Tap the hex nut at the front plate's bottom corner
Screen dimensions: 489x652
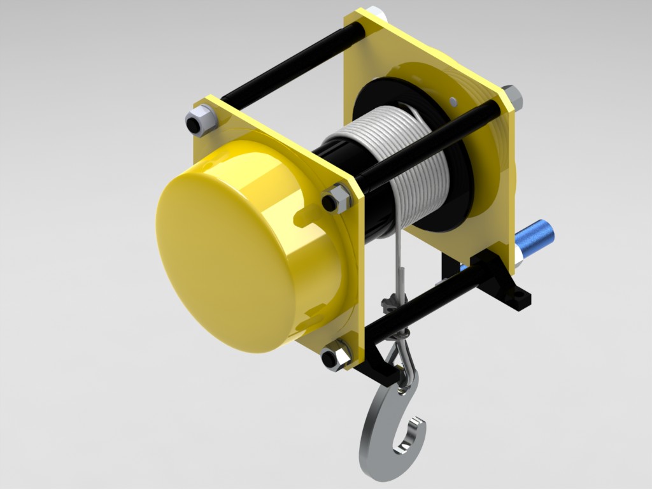334,356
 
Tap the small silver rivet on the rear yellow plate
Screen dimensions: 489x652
453,101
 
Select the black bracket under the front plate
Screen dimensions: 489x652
376,366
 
